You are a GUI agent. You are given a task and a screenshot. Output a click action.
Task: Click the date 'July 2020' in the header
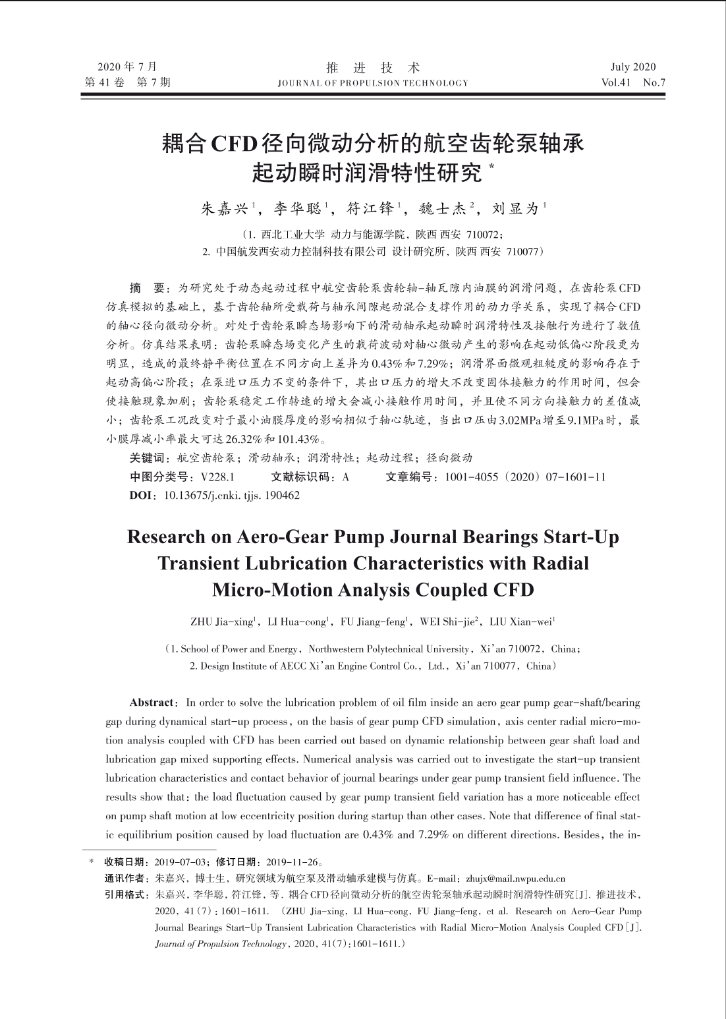click(x=632, y=67)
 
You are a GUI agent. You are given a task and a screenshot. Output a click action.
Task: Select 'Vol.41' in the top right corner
click(x=616, y=83)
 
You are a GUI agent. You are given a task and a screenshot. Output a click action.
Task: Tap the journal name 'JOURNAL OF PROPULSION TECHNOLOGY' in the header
click(x=373, y=83)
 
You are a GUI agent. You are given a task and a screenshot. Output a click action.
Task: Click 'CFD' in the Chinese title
click(x=233, y=143)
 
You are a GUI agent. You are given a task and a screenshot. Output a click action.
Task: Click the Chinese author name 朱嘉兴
click(x=224, y=209)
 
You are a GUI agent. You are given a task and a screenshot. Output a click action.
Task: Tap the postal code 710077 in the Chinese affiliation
click(x=523, y=252)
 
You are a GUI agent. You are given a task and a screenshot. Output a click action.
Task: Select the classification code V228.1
click(x=218, y=477)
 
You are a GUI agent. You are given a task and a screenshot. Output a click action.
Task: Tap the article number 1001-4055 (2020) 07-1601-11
click(x=525, y=477)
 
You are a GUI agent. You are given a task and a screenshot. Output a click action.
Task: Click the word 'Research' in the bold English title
click(x=166, y=537)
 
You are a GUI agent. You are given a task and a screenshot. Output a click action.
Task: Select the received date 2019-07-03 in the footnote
click(x=178, y=862)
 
